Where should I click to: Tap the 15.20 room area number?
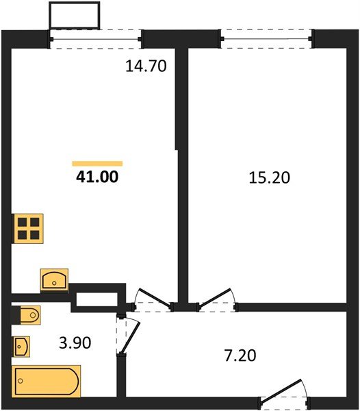point(269,177)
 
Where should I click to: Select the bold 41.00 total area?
point(97,177)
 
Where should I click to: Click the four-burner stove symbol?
point(29,228)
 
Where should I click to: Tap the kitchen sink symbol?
point(54,279)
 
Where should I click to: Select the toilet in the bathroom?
point(27,315)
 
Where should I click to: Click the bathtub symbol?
point(47,381)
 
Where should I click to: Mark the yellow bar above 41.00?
point(97,163)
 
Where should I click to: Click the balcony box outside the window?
point(75,14)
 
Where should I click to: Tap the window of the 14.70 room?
point(97,39)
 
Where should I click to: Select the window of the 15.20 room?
point(267,38)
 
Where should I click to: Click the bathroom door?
point(128,334)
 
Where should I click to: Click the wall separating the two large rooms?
point(182,171)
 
